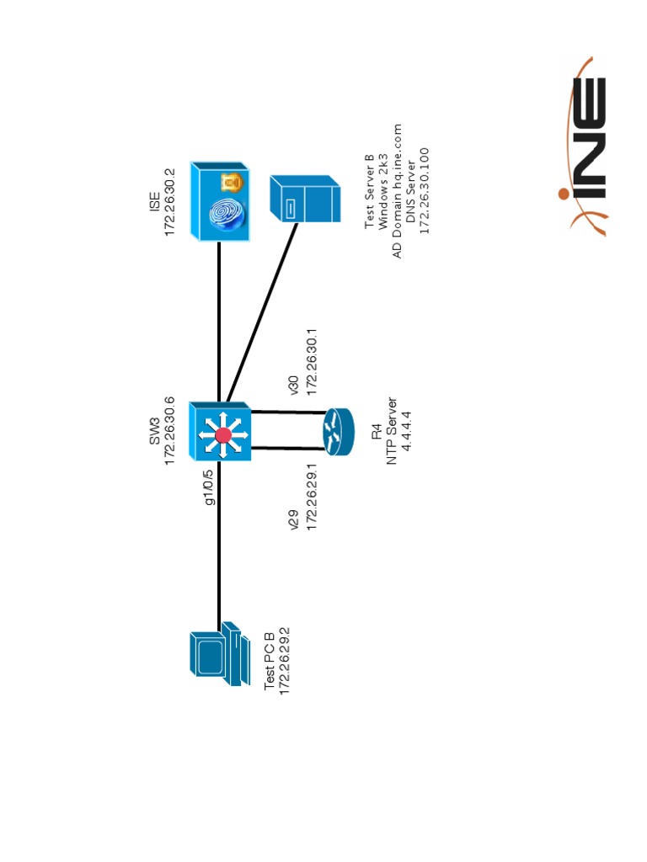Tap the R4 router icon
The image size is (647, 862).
coord(339,432)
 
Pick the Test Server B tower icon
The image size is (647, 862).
coord(305,199)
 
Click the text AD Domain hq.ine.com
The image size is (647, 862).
coord(397,190)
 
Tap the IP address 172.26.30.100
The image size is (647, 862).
coord(425,190)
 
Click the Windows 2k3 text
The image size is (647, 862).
coord(382,190)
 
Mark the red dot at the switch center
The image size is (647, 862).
coord(223,434)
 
